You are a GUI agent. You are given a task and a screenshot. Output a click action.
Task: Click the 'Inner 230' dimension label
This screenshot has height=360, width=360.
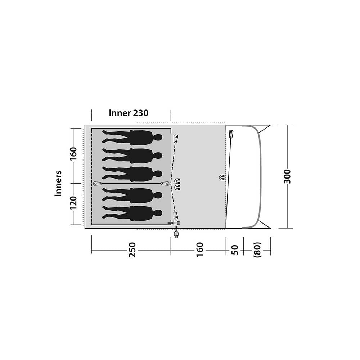tap(129, 113)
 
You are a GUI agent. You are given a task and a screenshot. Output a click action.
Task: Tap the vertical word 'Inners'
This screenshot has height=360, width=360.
tap(58, 183)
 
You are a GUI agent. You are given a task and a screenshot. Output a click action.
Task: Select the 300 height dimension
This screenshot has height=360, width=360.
tap(287, 176)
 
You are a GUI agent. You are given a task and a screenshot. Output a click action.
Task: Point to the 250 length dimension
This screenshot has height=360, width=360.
tap(132, 250)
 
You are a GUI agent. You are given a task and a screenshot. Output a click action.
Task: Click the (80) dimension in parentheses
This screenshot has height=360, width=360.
tap(257, 249)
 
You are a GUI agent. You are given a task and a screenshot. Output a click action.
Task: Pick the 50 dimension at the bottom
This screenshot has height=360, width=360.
tap(234, 250)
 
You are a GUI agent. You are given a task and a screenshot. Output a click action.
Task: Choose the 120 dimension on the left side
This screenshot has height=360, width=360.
tap(73, 203)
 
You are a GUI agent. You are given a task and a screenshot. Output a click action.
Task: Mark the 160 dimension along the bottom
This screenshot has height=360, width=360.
tap(200, 249)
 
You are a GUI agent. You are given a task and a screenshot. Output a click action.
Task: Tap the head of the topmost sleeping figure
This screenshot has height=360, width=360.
tap(158, 138)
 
